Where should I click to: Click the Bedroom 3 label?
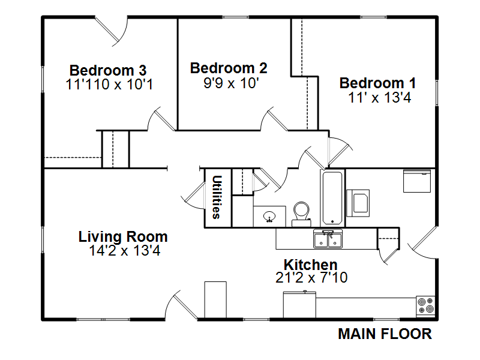click(108, 70)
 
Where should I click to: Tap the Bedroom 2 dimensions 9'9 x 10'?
click(231, 83)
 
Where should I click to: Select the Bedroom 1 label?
click(378, 83)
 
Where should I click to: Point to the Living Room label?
click(123, 236)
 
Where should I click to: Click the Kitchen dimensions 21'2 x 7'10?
click(311, 278)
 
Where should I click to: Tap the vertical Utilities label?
click(217, 197)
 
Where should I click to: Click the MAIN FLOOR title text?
click(385, 334)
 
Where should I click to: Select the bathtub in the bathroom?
click(332, 199)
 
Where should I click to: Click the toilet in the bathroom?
click(301, 214)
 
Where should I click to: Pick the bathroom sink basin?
click(269, 217)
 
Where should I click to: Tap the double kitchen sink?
click(328, 239)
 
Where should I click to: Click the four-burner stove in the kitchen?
click(426, 306)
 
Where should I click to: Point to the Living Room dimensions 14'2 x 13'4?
click(125, 251)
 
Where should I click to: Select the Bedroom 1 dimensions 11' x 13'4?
click(380, 98)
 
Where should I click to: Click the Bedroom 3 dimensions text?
click(109, 84)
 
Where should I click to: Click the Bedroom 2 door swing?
click(274, 119)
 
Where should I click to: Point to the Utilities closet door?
click(193, 196)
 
